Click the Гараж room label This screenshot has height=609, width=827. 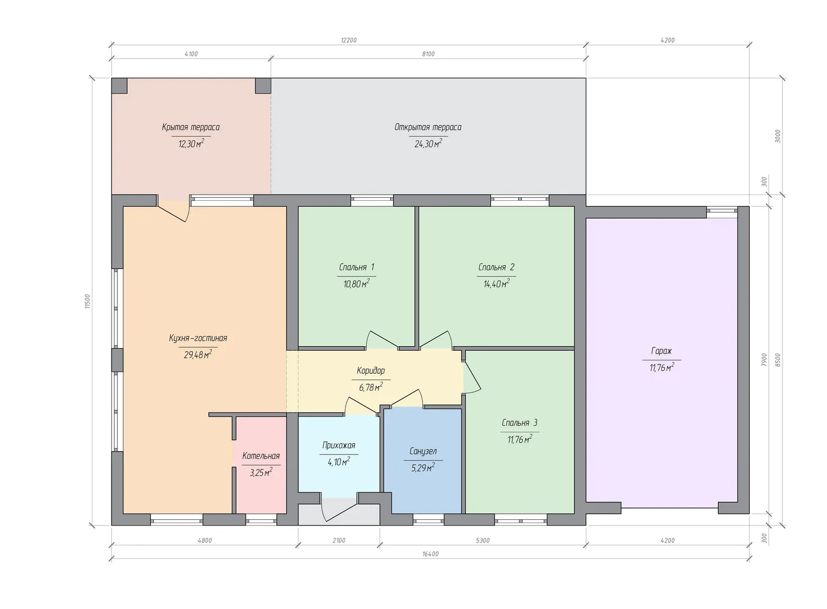(662, 351)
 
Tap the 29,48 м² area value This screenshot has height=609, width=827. (198, 355)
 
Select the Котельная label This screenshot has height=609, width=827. (261, 456)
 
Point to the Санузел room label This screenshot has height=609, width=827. (423, 451)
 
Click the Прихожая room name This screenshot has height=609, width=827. (339, 445)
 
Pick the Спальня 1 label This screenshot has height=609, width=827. (357, 267)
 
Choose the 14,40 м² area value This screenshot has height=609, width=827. (497, 284)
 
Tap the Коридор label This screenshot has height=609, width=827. (371, 370)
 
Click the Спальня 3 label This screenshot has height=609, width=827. (519, 422)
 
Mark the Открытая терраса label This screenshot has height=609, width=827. (428, 127)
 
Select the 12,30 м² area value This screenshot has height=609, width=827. (191, 144)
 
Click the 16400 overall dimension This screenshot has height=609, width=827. (431, 554)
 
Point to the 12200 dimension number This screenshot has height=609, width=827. (348, 40)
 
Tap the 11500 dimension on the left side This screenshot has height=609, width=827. (87, 301)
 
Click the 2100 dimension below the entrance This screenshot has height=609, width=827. (339, 541)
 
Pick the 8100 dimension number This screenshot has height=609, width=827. (428, 54)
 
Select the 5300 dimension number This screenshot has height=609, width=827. (483, 541)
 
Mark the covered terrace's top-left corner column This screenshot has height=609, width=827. (120, 86)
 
